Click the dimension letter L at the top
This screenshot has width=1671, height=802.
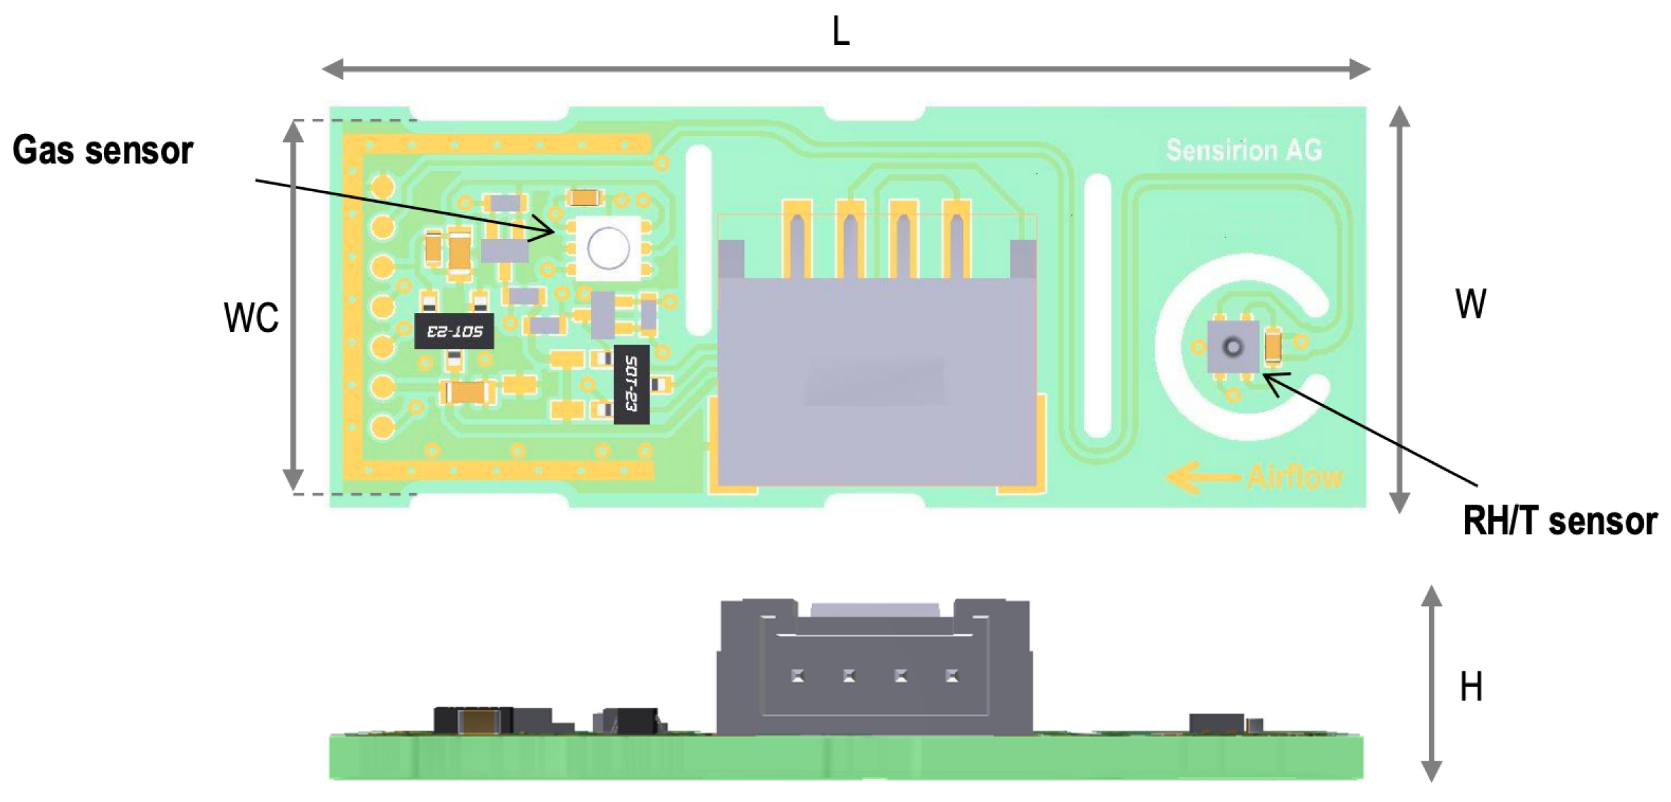[841, 32]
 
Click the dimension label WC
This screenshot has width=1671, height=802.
[251, 317]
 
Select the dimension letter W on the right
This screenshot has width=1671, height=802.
[1470, 303]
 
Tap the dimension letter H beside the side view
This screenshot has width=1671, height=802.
[1471, 686]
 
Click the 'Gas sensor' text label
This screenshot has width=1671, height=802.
[103, 150]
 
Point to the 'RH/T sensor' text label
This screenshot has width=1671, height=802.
[1559, 522]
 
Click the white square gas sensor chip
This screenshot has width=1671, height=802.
[607, 248]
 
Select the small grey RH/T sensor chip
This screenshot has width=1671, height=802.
[1232, 347]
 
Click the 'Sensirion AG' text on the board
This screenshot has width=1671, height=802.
[1244, 150]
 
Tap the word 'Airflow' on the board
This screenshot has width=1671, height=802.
[1295, 477]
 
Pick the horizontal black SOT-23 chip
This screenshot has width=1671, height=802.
[454, 331]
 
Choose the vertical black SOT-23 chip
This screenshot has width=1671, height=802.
[630, 384]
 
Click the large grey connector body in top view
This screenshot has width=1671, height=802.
[877, 381]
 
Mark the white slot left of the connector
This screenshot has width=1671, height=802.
[698, 239]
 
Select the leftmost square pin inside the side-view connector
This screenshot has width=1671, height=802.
[798, 675]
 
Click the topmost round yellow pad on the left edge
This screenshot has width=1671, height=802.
[383, 186]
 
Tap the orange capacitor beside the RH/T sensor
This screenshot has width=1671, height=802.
[1272, 345]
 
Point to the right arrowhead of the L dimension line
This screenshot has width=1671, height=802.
[1360, 69]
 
